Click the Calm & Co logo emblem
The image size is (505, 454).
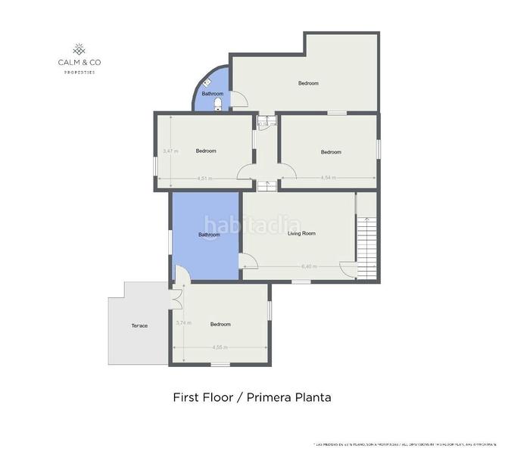pos(78,48)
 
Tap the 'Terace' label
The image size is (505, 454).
pos(139,325)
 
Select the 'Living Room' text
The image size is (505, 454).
pos(301,234)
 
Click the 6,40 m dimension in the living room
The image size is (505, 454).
pos(309,266)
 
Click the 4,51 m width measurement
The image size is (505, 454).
pos(204,179)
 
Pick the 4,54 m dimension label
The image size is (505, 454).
pos(328,178)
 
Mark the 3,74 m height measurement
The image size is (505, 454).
pos(182,323)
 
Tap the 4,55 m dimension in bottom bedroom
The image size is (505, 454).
pos(219,347)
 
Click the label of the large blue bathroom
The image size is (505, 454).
pos(209,235)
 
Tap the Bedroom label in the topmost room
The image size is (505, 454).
pos(308,83)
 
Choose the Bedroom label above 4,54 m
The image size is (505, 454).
pos(331,152)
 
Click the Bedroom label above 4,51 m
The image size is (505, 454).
pos(206,151)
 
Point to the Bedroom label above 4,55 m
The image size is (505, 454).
pos(220,325)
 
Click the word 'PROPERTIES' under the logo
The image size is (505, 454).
pos(79,72)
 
